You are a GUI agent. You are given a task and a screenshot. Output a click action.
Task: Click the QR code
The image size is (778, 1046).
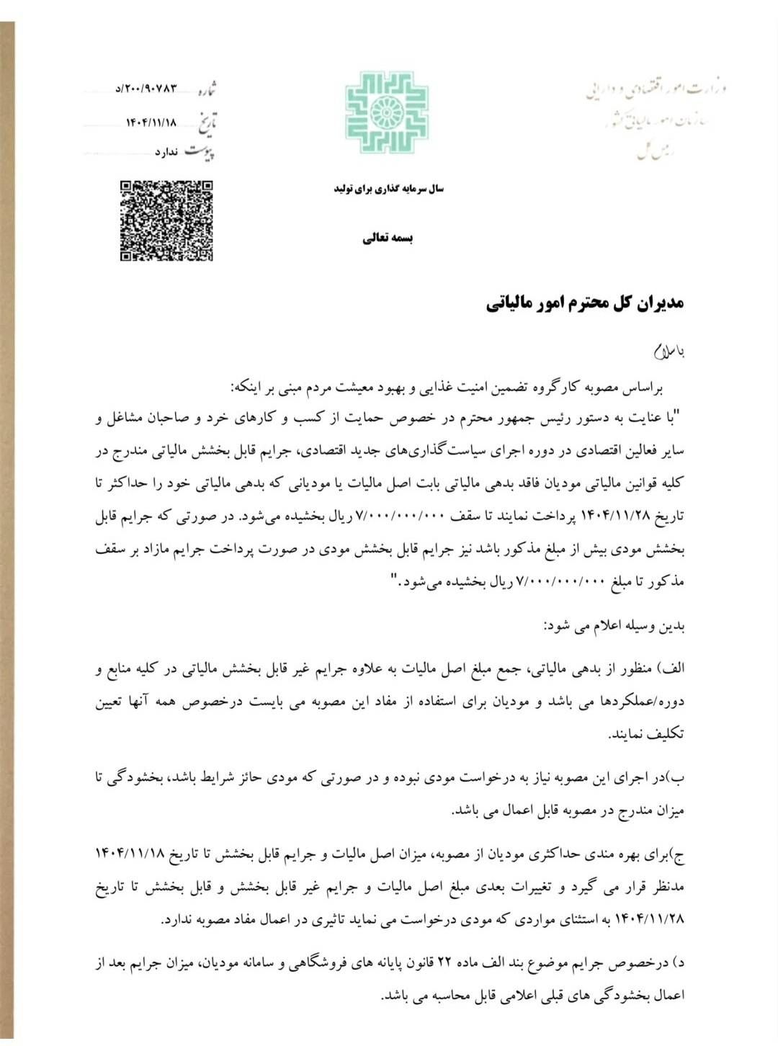click(x=166, y=220)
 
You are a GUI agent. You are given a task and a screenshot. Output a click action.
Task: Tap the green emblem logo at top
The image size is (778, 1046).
click(x=386, y=112)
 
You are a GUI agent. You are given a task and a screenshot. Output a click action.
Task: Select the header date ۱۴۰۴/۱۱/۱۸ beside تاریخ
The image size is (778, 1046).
click(x=151, y=122)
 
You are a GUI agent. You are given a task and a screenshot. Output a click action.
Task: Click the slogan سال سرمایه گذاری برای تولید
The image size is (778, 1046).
click(x=388, y=189)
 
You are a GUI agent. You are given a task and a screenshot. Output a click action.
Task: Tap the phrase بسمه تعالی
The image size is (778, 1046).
click(x=388, y=238)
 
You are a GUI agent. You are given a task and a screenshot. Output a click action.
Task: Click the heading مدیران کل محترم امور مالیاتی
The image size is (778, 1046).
click(x=584, y=303)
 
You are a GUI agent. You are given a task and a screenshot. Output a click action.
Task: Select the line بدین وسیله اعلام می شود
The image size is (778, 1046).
click(x=613, y=626)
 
